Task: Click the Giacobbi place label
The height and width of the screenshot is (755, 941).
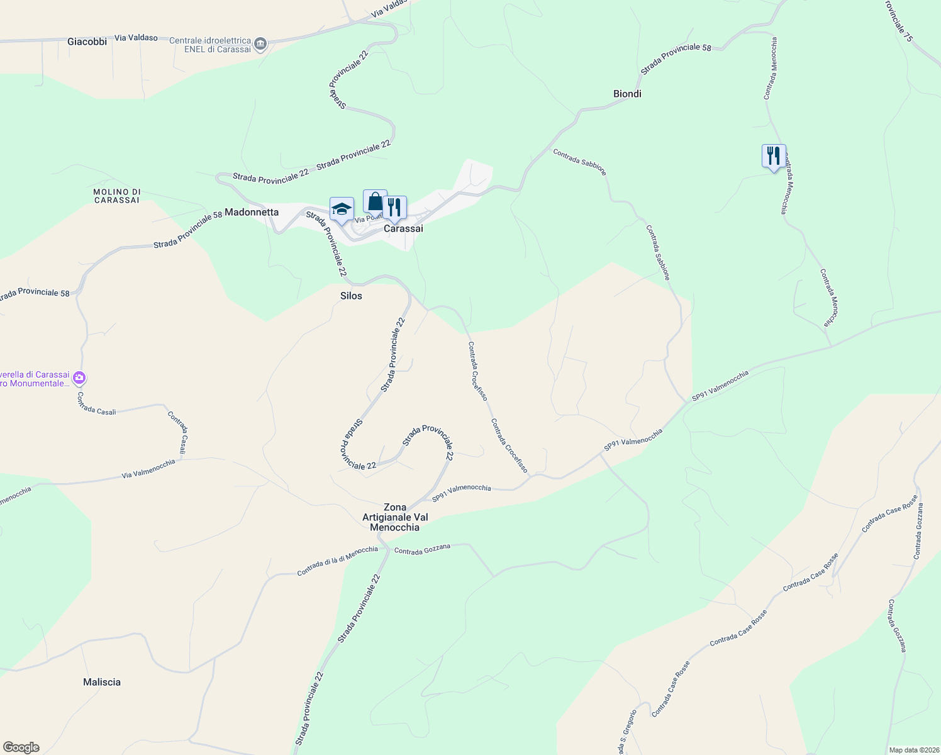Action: [x=87, y=42]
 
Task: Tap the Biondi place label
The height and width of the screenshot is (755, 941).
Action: [x=627, y=94]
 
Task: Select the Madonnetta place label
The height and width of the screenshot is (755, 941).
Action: [x=252, y=212]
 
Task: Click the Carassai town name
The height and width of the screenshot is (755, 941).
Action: [x=403, y=228]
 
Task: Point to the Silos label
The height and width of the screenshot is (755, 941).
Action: [x=351, y=296]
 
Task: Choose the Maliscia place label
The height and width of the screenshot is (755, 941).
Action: [x=102, y=682]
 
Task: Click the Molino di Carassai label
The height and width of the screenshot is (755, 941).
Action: [x=116, y=196]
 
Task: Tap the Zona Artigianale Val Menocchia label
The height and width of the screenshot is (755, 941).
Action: [x=395, y=517]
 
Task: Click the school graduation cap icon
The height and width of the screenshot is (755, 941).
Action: [x=342, y=210]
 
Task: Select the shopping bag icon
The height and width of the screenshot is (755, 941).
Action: [x=375, y=201]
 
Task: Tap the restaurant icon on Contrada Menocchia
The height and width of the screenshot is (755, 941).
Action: [x=774, y=155]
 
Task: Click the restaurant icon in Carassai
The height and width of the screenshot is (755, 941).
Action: [x=394, y=207]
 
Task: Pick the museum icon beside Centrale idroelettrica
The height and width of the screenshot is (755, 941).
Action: [x=260, y=45]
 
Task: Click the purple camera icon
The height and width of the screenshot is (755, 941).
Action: [x=79, y=378]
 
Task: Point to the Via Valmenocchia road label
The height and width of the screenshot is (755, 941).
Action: [x=148, y=469]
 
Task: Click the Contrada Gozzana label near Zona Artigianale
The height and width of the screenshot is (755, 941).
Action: [x=422, y=549]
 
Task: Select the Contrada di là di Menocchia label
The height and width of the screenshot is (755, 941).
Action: [x=337, y=560]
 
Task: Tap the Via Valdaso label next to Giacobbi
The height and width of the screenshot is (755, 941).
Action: [x=136, y=38]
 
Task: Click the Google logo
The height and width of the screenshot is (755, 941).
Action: [x=21, y=747]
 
